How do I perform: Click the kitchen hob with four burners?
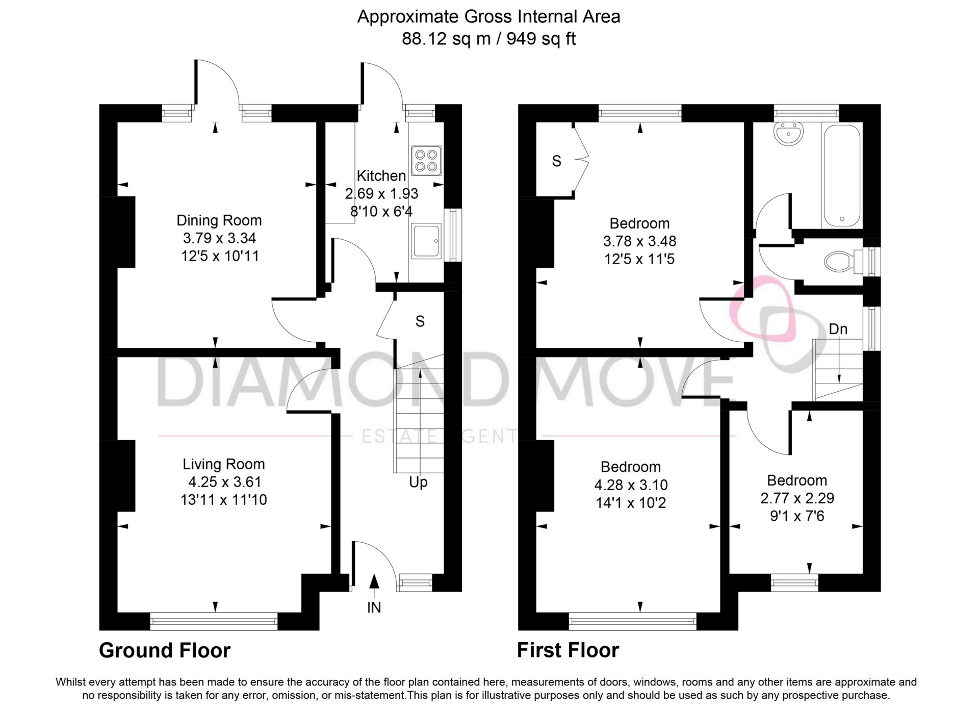click(x=426, y=160)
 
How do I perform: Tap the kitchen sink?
click(x=426, y=241)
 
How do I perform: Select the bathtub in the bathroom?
click(x=842, y=175)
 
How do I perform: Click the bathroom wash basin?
click(x=788, y=134)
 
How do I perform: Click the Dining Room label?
click(x=219, y=220)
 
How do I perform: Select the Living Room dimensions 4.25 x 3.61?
click(x=224, y=482)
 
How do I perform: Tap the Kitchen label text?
click(x=381, y=176)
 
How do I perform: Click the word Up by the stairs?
click(x=418, y=482)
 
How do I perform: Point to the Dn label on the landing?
click(x=838, y=329)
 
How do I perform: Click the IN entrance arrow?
click(x=374, y=587)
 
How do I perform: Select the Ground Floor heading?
click(x=165, y=650)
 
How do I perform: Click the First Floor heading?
click(x=568, y=650)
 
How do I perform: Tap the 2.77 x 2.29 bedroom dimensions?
click(x=797, y=498)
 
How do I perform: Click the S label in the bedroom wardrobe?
click(x=556, y=161)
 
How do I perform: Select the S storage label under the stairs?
click(x=420, y=321)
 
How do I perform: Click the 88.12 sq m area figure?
click(x=446, y=39)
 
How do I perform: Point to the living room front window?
click(x=214, y=621)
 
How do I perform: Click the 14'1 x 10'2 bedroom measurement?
click(x=631, y=503)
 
